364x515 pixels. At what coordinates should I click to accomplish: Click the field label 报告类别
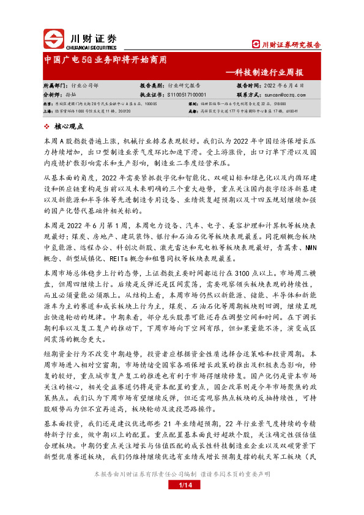pos(152,86)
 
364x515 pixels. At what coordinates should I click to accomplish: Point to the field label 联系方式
pos(249,95)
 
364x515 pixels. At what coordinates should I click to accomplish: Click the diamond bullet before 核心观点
pos(47,126)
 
